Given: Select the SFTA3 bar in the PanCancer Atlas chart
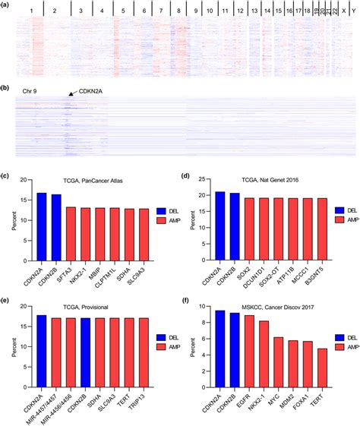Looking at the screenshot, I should coord(71,226).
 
